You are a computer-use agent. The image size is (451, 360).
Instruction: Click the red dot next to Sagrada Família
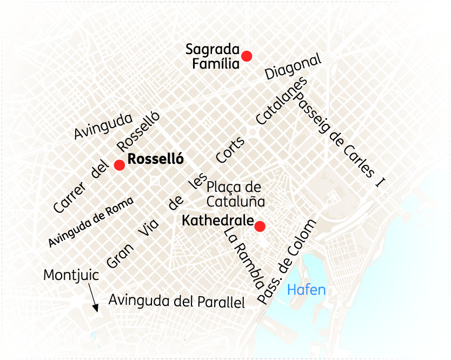tap(247, 56)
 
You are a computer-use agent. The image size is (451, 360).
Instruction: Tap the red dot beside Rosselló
tap(119, 165)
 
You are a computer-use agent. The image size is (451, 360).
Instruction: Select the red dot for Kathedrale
tap(260, 226)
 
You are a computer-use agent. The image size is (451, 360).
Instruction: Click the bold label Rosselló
tap(156, 159)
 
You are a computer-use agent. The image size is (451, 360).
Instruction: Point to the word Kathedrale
tap(218, 221)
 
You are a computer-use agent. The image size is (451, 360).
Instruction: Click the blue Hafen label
tap(306, 290)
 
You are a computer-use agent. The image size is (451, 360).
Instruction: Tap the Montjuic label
tap(71, 275)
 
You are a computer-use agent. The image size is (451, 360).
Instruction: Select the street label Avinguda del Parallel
tap(177, 301)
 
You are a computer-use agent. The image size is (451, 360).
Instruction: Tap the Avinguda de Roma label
tap(90, 222)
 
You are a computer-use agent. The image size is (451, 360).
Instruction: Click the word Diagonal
tap(293, 67)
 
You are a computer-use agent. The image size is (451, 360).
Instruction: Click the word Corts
tap(230, 150)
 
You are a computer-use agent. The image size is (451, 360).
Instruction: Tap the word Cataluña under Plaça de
tap(236, 202)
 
